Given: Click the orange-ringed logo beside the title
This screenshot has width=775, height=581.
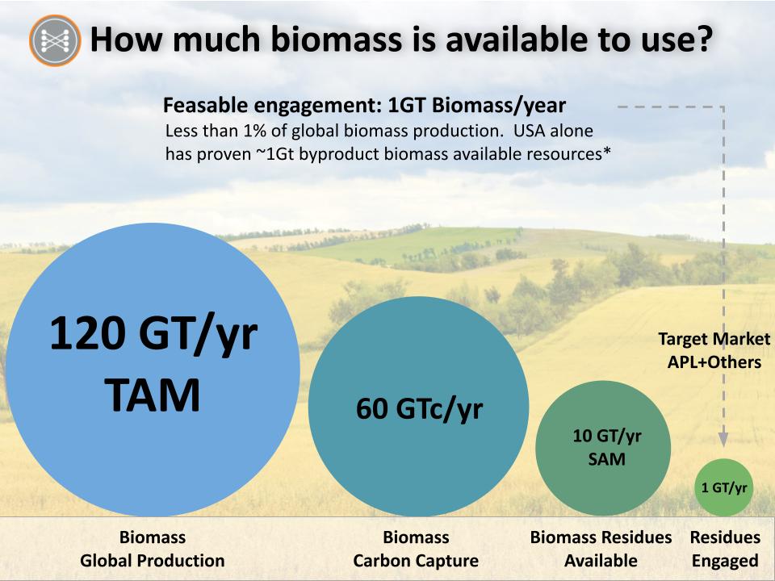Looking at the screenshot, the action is click(55, 40).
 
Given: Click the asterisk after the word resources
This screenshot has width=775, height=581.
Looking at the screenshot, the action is click(606, 151).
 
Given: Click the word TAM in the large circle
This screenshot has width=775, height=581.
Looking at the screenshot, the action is click(153, 395).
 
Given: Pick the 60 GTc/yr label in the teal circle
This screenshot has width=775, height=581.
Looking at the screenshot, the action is click(419, 409).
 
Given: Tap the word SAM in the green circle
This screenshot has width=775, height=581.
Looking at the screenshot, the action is click(606, 459).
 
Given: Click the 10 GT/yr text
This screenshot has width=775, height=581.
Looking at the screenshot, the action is click(607, 436).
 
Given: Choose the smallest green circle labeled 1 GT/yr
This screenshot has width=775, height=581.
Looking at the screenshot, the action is click(724, 487).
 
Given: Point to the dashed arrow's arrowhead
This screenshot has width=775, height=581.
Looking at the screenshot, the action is click(723, 439).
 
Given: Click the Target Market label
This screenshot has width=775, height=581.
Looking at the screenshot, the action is click(714, 339).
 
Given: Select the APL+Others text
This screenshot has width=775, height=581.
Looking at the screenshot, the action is click(714, 362).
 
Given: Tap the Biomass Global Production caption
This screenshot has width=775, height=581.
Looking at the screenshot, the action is click(153, 549).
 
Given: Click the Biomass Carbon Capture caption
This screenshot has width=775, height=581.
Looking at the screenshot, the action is click(416, 549).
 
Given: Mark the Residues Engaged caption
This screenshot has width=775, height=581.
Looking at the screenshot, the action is click(725, 549).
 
